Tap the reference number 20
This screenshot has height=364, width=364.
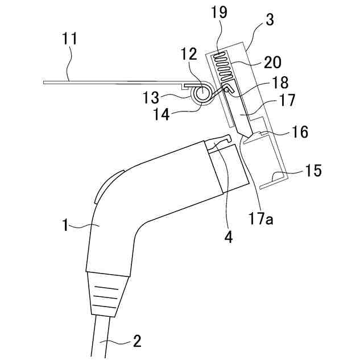pos(272,62)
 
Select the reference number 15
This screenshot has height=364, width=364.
pos(312,170)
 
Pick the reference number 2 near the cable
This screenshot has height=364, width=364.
pos(136,341)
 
